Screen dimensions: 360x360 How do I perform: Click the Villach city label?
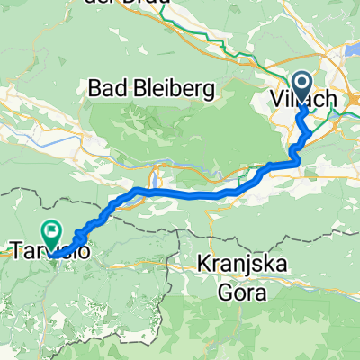click(x=302, y=98)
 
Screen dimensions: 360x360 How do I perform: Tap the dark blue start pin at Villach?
click(x=300, y=86)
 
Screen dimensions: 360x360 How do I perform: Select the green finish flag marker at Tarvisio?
click(x=53, y=236)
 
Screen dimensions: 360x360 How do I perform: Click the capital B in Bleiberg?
click(x=139, y=88)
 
